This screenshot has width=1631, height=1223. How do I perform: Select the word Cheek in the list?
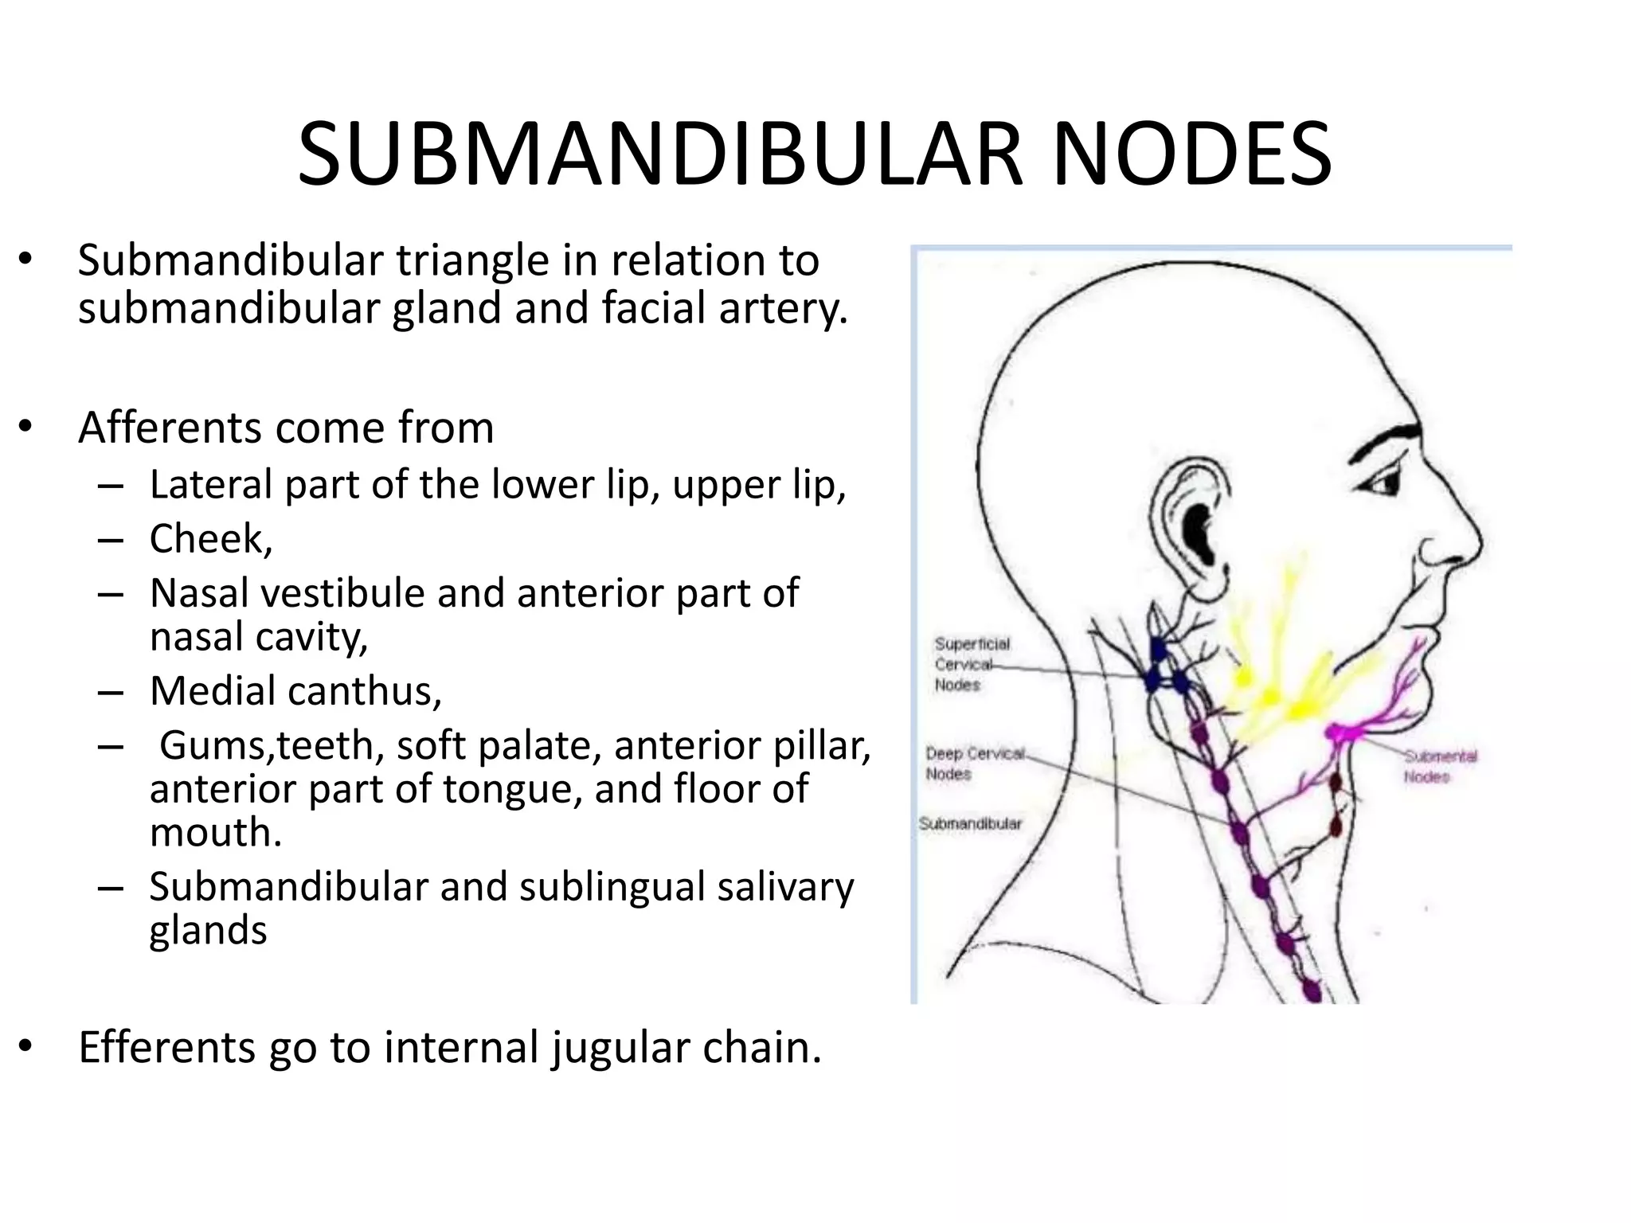coord(209,539)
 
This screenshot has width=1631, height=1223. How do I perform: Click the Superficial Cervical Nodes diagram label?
coord(972,664)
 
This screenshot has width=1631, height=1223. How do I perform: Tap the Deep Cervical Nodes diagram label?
coord(975,763)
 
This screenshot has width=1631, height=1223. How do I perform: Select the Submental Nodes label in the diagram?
coord(1440,766)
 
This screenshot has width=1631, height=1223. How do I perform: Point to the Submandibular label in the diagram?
coord(970,823)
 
